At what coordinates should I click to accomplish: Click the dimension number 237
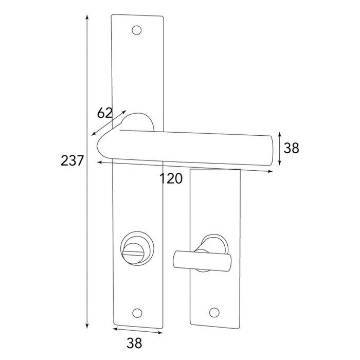(72, 161)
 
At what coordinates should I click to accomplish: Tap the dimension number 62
(104, 112)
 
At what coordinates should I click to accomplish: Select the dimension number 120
(171, 178)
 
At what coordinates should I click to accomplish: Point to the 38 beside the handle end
(292, 148)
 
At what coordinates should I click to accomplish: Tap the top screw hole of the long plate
(137, 31)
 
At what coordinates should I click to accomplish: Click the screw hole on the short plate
(214, 312)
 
